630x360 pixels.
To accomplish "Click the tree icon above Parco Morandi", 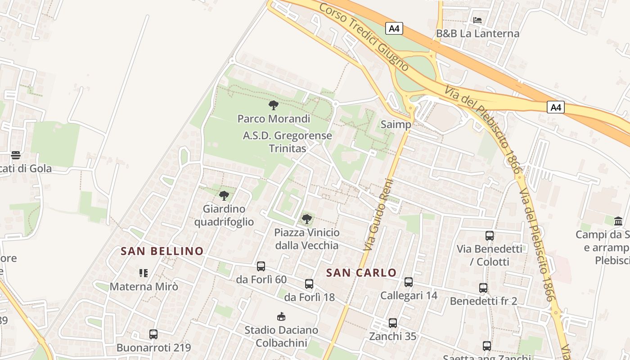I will coord(273,105).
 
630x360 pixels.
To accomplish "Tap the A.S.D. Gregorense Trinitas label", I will coord(287,142).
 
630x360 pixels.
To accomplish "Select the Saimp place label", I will coord(396,125).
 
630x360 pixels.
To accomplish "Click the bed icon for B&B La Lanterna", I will coord(477,20).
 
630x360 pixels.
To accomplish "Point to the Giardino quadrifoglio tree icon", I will coord(224,196).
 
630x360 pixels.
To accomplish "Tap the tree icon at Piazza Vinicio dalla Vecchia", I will coord(307,219).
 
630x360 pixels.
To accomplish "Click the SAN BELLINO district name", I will coord(162,251).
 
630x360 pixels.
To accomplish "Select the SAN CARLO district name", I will coord(361,273).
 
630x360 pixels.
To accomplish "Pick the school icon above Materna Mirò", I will coord(144,273).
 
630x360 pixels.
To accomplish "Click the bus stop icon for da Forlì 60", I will coord(261,266).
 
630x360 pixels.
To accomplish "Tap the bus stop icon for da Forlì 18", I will coord(309,284).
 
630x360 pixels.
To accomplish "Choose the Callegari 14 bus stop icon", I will coord(409,282).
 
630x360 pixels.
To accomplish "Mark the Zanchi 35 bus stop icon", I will coord(393,323).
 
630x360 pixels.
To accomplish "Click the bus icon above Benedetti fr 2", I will coord(483,288).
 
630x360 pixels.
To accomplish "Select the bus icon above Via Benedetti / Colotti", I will coord(490,236).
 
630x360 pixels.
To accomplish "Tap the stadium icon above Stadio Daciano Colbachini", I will coord(281,317).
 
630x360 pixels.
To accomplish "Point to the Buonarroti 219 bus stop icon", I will coord(153,334).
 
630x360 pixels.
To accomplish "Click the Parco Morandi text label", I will coord(274,119).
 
